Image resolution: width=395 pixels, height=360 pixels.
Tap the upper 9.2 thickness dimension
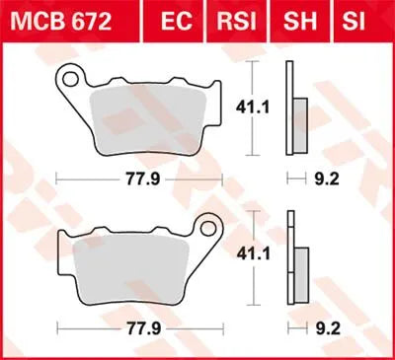[x=297, y=180]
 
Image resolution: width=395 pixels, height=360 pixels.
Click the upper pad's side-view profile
[x=290, y=108]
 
